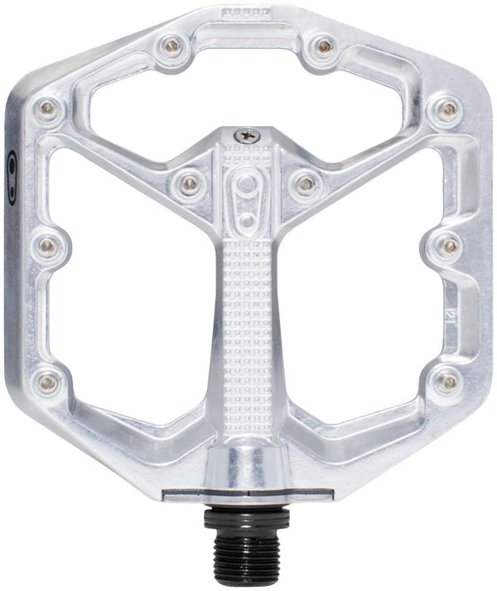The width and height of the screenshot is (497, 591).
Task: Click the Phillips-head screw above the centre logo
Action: click(x=245, y=134)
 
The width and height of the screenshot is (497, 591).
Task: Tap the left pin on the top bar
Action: click(x=171, y=46)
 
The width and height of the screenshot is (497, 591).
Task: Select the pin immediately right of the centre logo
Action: click(x=306, y=183)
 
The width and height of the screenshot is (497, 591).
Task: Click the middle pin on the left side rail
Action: click(x=47, y=245)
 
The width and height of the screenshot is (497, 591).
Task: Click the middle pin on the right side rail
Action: click(x=448, y=245)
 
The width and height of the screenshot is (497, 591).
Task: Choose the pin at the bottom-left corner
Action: click(x=49, y=382)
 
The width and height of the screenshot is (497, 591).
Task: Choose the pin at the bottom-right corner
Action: click(x=448, y=381)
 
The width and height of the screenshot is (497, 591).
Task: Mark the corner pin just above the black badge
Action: click(x=48, y=108)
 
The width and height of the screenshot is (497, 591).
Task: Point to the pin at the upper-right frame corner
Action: click(x=447, y=108)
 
